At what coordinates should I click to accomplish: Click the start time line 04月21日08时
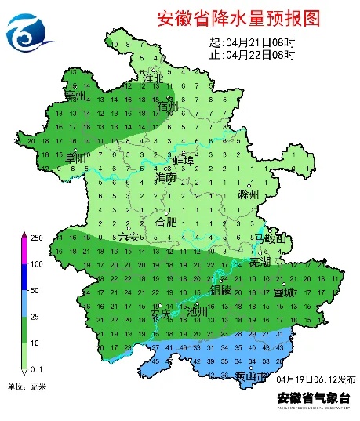point(253,42)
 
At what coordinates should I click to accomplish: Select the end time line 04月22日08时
point(253,55)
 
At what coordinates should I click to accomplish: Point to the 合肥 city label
point(167,222)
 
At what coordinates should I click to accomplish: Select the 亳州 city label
point(75,96)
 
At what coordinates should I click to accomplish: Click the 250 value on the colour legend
point(36,238)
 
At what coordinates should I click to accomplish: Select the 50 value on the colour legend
point(35,290)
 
